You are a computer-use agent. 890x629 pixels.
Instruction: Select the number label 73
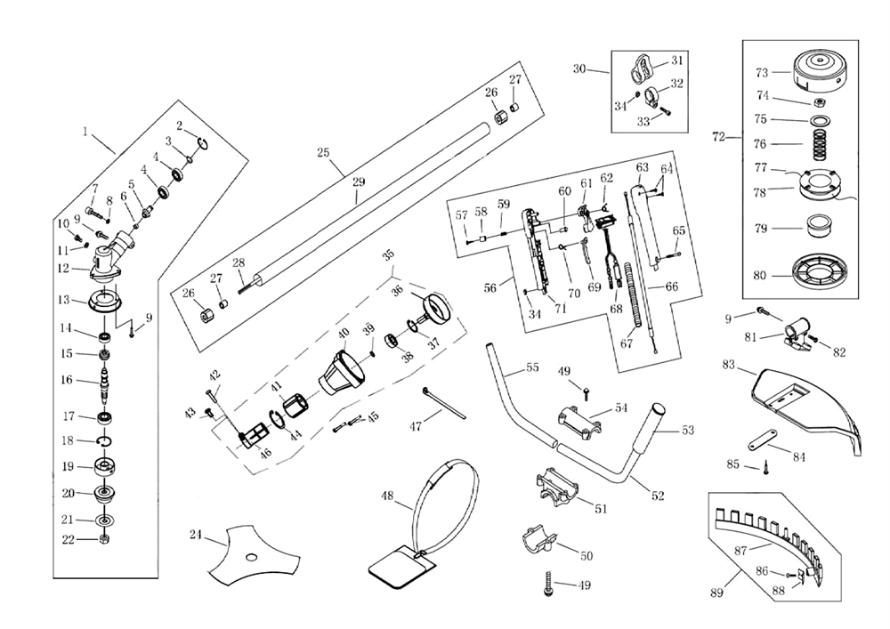coord(761,72)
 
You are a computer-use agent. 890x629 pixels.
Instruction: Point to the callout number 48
coord(387,496)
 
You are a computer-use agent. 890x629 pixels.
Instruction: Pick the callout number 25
coord(323,153)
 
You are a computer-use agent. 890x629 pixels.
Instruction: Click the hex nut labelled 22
coord(105,538)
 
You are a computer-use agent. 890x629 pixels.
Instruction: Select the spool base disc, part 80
coord(817,275)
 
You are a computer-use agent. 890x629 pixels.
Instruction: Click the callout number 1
coord(86,132)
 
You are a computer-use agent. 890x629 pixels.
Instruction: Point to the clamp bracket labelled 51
coord(559,490)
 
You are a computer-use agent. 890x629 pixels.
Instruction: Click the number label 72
coord(719,138)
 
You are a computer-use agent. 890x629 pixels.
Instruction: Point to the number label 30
coord(579,69)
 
